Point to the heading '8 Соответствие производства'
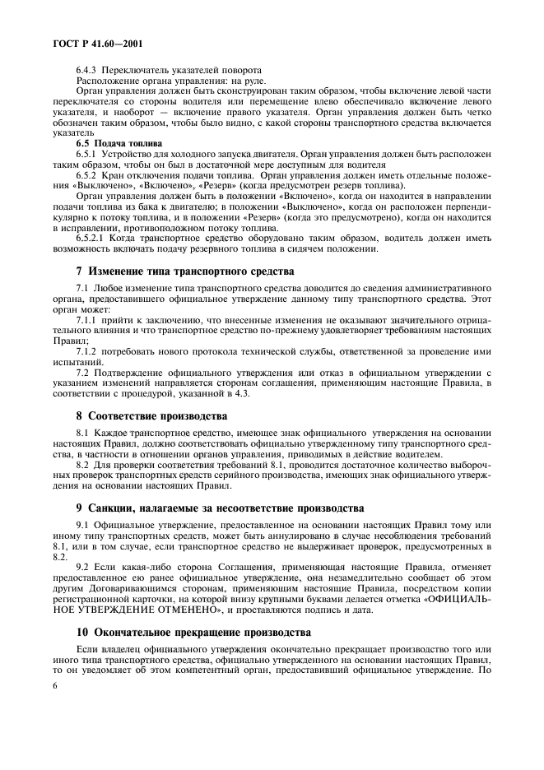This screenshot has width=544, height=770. pyautogui.click(x=151, y=415)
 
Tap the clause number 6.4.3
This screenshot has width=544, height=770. pyautogui.click(x=88, y=71)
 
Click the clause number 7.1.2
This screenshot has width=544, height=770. pyautogui.click(x=88, y=351)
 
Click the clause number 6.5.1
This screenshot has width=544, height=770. pyautogui.click(x=88, y=154)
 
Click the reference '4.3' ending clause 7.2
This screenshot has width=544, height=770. pyautogui.click(x=243, y=394)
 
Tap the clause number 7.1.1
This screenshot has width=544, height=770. pyautogui.click(x=88, y=319)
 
